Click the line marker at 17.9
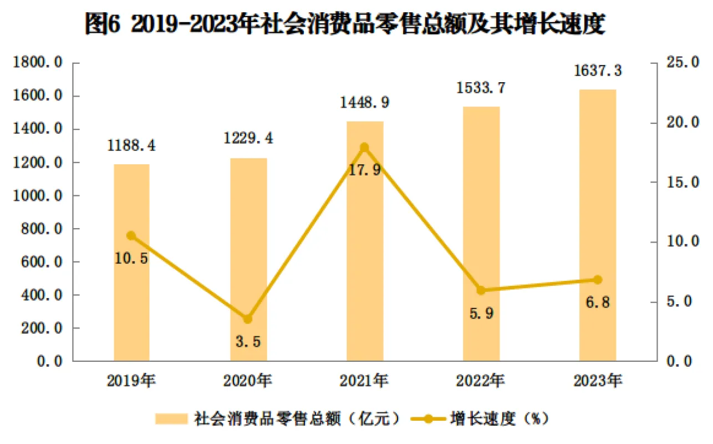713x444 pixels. click(x=364, y=147)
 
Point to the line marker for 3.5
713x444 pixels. click(x=248, y=319)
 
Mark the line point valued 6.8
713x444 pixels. click(x=597, y=280)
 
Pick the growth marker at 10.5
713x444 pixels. click(x=131, y=236)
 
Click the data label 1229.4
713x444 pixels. click(x=248, y=138)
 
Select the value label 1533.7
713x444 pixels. click(x=481, y=88)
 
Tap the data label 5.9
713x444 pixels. click(x=481, y=313)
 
